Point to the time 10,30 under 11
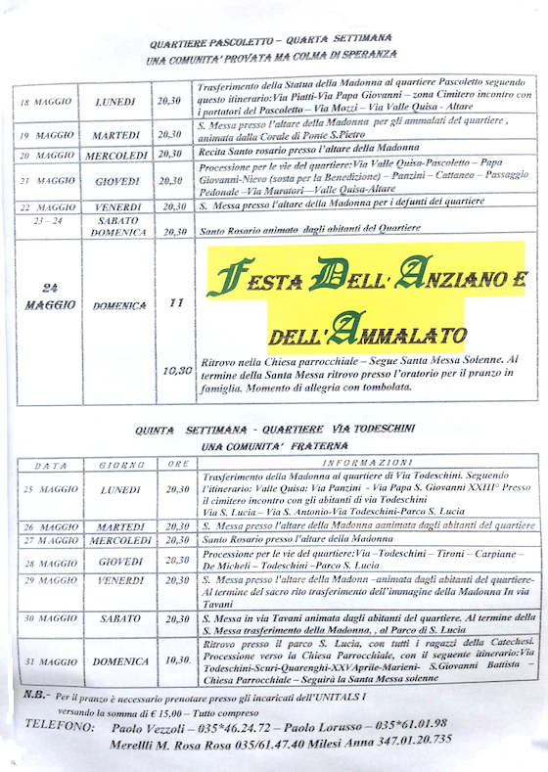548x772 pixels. tap(176, 371)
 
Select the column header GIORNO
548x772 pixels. tap(119, 464)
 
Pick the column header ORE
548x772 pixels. tap(175, 463)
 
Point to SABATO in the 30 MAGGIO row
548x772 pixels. tap(119, 620)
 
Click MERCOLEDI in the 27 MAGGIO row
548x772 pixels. tap(119, 540)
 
